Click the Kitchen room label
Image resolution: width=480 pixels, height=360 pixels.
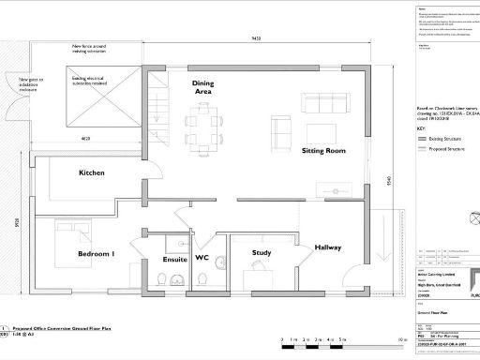92,173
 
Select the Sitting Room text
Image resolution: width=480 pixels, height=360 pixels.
323,150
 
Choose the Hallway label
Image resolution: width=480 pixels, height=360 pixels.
328,247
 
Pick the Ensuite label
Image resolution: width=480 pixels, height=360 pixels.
175,259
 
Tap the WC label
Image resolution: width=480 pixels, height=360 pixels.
202,259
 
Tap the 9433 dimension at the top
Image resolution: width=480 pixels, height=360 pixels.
255,37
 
